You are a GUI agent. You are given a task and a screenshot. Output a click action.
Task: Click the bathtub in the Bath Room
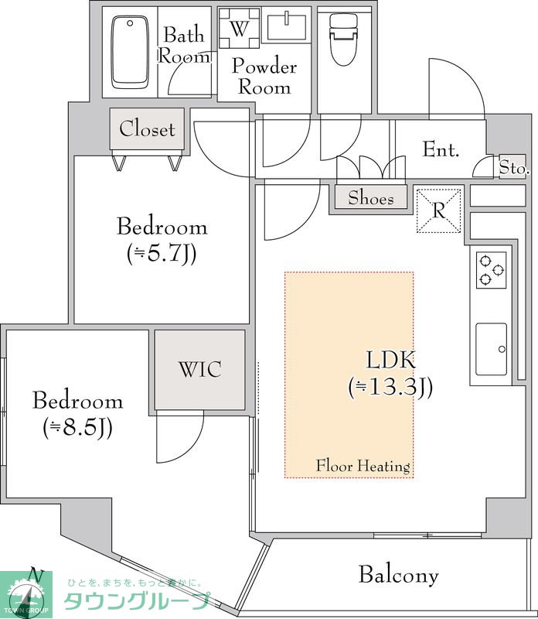coord(130,52)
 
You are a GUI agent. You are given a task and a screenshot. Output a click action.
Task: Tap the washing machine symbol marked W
coord(240,28)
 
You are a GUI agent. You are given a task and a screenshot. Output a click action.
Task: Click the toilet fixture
coord(344,39)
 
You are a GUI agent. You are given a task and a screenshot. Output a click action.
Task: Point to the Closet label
coord(147,129)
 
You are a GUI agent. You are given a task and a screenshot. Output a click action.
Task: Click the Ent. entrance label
coord(441,149)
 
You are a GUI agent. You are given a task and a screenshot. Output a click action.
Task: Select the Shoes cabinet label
coord(371,197)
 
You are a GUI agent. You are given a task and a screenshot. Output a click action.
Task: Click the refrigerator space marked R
coord(439,210)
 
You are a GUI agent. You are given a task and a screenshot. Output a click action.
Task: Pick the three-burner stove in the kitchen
coord(491,270)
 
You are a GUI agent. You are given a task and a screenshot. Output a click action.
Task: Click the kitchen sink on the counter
coord(491,349)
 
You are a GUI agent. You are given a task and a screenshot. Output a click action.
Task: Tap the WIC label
coord(200,370)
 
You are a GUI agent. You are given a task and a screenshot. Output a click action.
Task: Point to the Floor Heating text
coord(363,467)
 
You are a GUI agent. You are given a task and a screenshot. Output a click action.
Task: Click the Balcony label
coord(399,575)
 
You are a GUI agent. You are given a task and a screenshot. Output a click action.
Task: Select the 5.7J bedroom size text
coord(162,253)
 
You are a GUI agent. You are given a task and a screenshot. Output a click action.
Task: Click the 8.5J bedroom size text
coord(78,427)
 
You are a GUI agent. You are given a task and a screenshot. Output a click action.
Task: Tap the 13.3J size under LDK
coord(390,387)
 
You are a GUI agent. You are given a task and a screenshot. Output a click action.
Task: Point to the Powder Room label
coord(264,76)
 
